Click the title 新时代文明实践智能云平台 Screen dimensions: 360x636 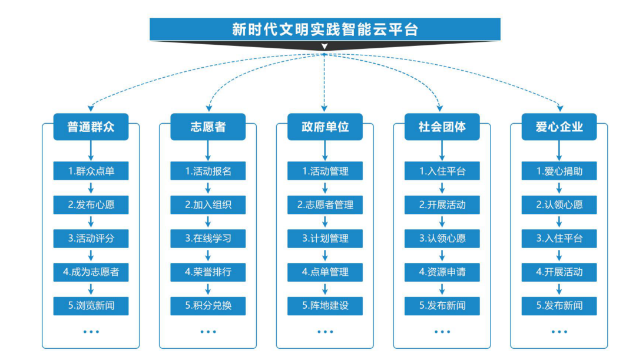point(324,29)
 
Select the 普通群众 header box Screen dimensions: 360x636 point(90,127)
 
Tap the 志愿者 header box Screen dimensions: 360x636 point(207,127)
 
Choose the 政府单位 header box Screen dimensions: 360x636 point(325,127)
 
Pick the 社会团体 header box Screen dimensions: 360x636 point(442,127)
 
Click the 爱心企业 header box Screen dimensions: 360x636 point(559,127)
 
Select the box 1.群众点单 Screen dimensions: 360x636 point(91,171)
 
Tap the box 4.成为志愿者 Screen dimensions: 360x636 point(91,272)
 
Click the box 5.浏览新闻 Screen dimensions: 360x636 point(91,306)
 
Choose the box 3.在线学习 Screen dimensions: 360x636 point(208,239)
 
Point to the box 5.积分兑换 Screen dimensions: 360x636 point(208,306)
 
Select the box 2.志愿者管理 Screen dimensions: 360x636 point(325,205)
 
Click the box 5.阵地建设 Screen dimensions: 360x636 point(325,306)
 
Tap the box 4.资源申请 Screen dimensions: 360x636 point(442,272)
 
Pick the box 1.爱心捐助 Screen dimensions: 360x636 point(559,171)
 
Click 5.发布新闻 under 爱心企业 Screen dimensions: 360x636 point(559,306)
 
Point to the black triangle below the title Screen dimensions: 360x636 point(324,46)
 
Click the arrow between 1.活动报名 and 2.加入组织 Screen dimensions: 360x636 point(208,189)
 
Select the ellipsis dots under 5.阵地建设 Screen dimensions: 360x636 point(325,332)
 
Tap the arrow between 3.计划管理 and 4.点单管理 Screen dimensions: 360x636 point(325,256)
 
